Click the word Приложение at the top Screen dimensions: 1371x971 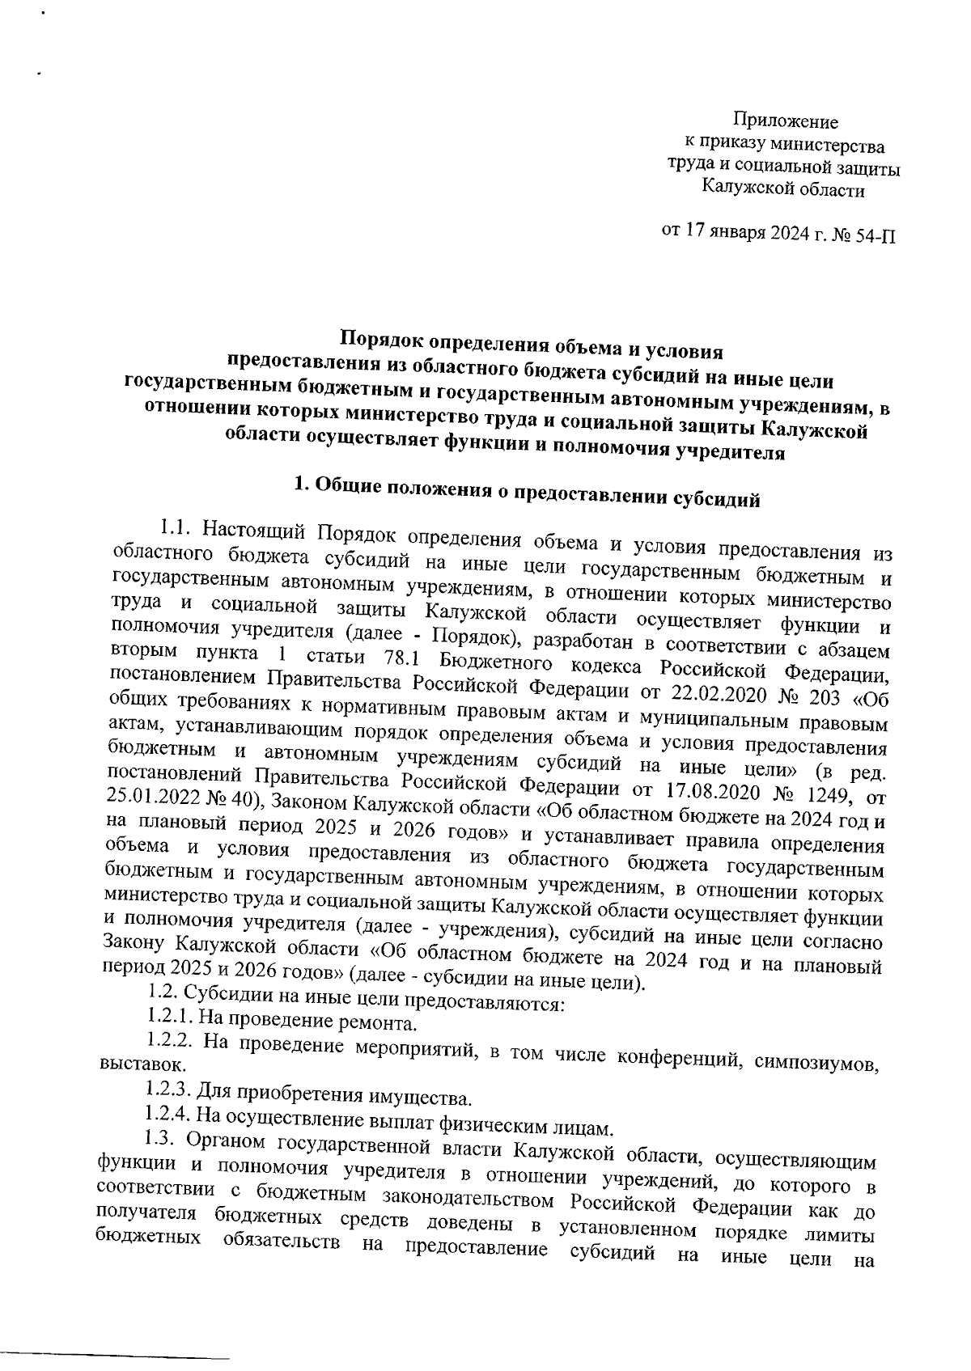pyautogui.click(x=785, y=122)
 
